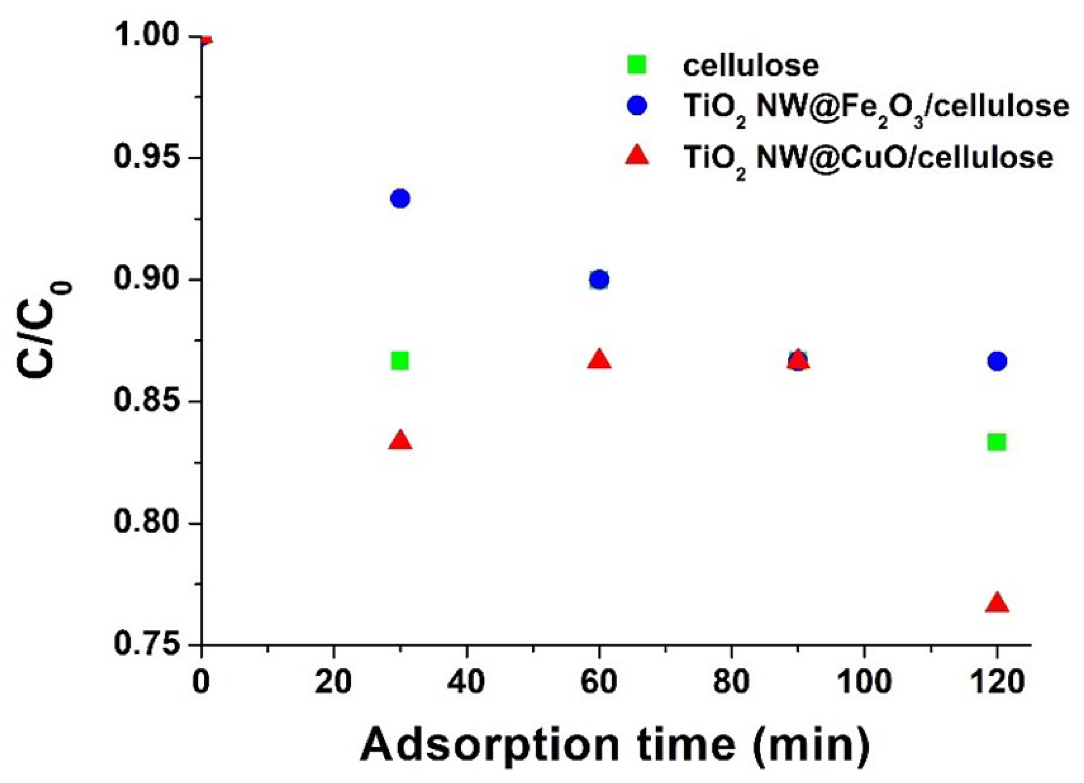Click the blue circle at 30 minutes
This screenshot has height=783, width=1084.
(400, 198)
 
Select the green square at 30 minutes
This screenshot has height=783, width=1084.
(400, 360)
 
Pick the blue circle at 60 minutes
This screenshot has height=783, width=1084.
(599, 279)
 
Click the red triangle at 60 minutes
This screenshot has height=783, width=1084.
(599, 360)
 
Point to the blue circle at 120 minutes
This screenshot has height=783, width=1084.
(997, 361)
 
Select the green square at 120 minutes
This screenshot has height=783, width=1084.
(997, 441)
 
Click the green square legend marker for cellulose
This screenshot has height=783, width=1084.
(637, 65)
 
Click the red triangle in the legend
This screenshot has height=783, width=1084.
(637, 156)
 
